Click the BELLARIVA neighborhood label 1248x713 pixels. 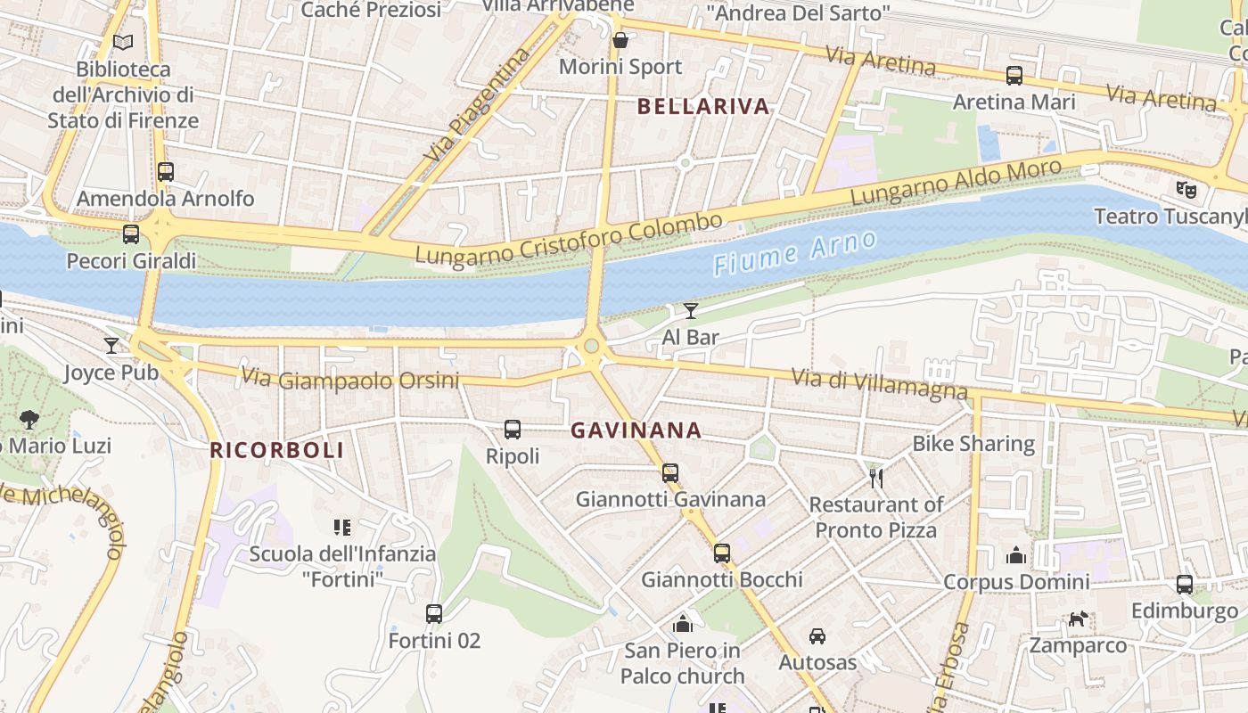[702, 107]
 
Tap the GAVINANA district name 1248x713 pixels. [636, 430]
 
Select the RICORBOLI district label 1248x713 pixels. [276, 450]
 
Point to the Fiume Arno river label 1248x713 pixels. [795, 251]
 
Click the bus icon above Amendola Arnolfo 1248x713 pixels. [165, 172]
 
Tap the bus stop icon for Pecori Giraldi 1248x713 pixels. [131, 234]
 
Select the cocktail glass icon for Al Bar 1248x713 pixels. [691, 311]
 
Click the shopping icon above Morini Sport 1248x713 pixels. [620, 41]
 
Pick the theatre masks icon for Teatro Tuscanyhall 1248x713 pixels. [1185, 189]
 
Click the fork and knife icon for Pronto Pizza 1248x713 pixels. [875, 479]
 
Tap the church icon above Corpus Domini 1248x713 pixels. [1016, 556]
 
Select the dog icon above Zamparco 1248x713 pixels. [1079, 619]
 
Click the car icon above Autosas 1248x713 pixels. [817, 636]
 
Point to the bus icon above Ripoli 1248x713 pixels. [513, 430]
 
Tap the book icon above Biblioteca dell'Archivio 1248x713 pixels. [123, 42]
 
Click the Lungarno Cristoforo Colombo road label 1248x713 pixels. [569, 240]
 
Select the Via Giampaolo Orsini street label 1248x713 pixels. [349, 380]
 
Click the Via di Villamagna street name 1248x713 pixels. [879, 382]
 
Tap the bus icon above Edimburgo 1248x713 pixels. [1184, 585]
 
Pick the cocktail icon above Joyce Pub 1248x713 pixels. [111, 346]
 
